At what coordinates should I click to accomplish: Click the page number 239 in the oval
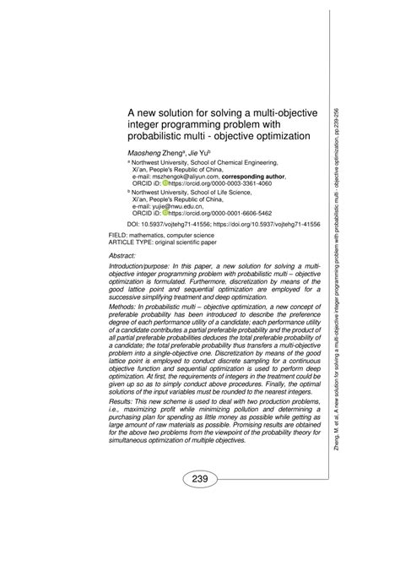201,480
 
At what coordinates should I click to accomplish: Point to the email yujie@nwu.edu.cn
156,205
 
